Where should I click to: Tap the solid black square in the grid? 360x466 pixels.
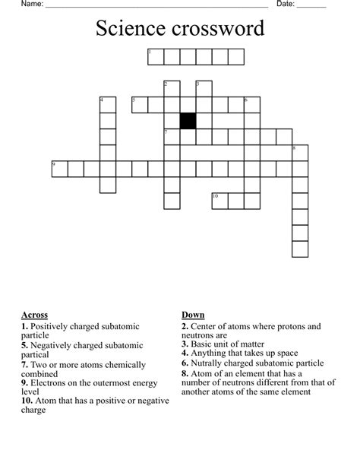click(188, 120)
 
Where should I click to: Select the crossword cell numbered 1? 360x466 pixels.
click(156, 57)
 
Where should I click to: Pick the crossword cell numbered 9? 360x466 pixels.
click(59, 168)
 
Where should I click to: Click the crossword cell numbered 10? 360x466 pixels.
click(220, 201)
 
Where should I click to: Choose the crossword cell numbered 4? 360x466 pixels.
click(108, 104)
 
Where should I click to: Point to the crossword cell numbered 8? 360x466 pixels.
click(300, 152)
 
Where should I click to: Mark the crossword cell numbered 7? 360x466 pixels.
click(172, 136)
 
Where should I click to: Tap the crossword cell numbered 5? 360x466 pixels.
click(140, 104)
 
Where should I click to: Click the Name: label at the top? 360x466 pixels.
click(31, 5)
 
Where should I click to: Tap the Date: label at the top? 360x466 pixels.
click(285, 5)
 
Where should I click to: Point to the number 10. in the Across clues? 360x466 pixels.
click(27, 400)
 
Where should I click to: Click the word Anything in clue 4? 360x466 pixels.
click(210, 353)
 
